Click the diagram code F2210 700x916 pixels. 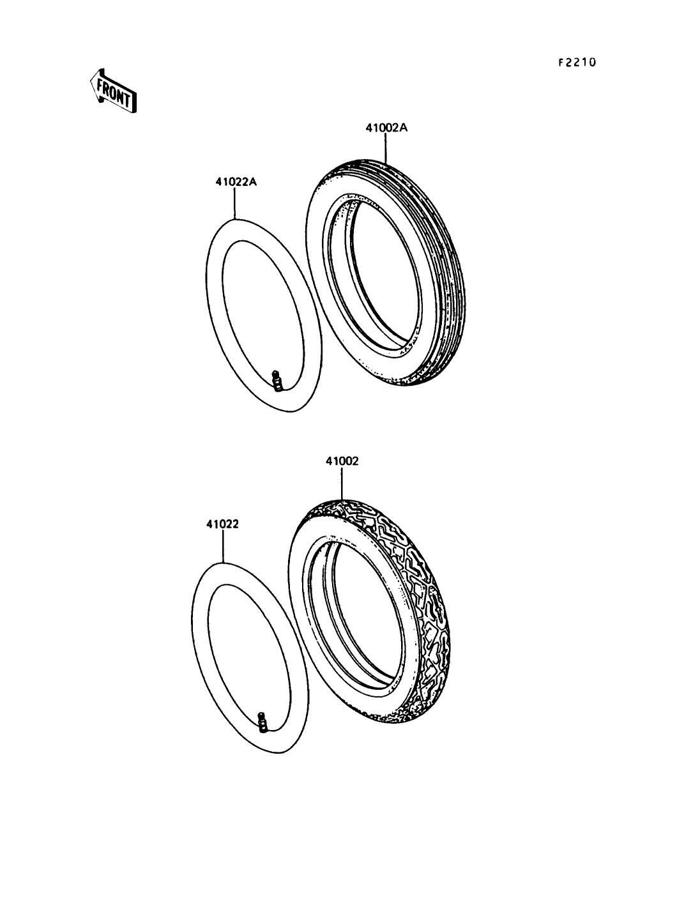coord(577,63)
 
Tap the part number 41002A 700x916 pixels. coord(386,128)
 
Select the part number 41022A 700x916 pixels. coord(236,182)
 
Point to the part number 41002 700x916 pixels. coord(342,461)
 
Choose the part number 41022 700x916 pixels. coord(222,524)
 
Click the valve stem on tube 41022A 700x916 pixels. coord(276,381)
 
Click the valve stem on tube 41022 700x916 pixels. coord(262,722)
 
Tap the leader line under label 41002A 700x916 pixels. coord(386,148)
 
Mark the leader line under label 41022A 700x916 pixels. coord(236,203)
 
